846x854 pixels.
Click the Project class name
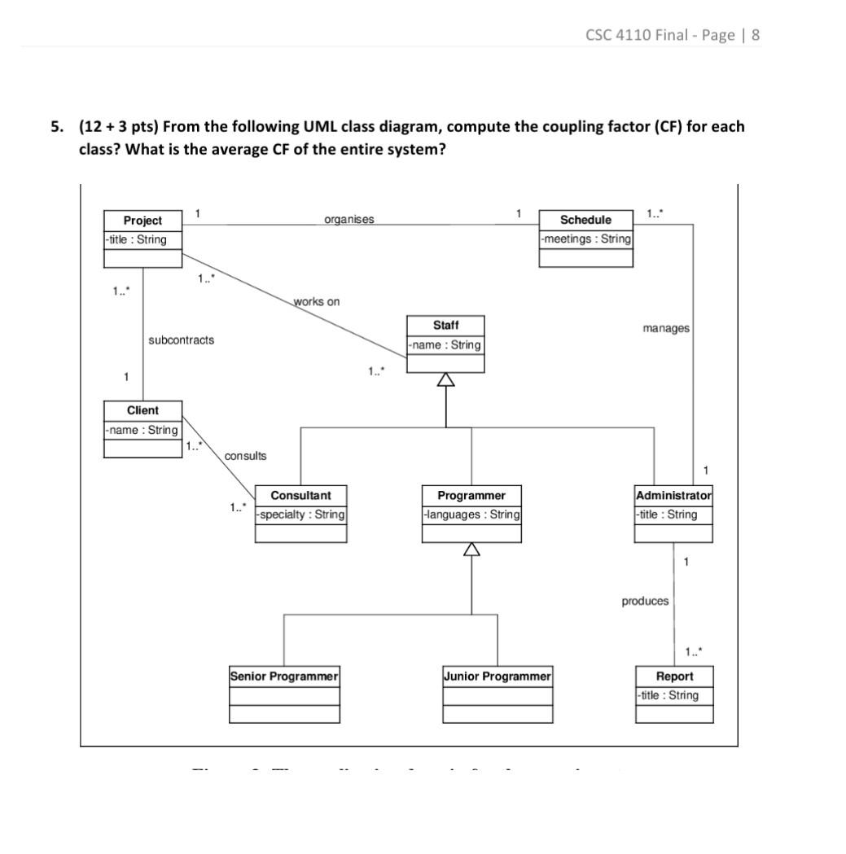[x=142, y=221]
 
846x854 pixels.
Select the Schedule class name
[x=585, y=220]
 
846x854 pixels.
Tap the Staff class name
[x=445, y=326]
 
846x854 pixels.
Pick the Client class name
[x=142, y=410]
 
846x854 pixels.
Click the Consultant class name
[x=300, y=495]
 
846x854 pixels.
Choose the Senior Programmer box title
[x=284, y=676]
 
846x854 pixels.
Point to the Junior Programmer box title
[x=498, y=676]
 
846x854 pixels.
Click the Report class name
[x=674, y=676]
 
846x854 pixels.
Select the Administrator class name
[x=673, y=495]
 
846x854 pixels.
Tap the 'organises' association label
[x=349, y=219]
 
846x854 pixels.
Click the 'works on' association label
[x=317, y=301]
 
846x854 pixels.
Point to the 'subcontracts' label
[x=182, y=340]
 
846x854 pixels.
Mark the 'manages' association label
[x=665, y=328]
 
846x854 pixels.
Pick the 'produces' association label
[x=645, y=601]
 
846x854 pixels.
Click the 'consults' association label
[x=245, y=456]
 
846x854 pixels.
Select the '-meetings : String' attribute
[x=585, y=239]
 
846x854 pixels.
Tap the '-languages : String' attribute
[x=471, y=515]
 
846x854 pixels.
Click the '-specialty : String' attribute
[x=300, y=515]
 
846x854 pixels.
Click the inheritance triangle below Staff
[x=445, y=380]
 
